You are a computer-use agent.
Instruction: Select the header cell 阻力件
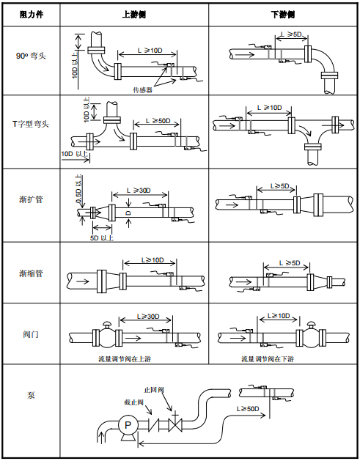pos(30,15)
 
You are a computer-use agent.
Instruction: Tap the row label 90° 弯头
pos(31,55)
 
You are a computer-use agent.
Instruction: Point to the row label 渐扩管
pos(31,199)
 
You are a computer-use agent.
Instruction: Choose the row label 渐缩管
pos(31,273)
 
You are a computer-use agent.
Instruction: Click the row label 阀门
pos(31,333)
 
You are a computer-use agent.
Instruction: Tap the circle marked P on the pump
pos(126,425)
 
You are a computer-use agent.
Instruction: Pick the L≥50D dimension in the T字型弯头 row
pos(158,120)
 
